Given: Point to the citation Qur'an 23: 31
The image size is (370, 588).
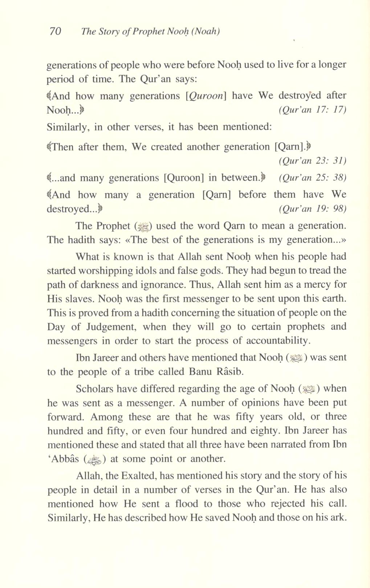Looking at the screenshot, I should click(x=312, y=161).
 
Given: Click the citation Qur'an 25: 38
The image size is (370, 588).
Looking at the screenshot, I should click(x=312, y=178).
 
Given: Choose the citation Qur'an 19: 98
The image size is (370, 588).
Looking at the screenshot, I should click(x=312, y=209).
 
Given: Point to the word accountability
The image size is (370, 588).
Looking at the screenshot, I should click(x=278, y=341).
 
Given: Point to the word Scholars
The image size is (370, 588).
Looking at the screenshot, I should click(x=93, y=389).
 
